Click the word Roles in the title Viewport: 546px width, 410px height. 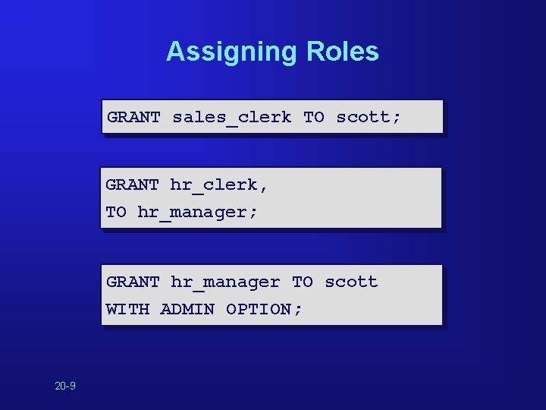(x=343, y=52)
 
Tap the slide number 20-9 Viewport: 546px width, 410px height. (x=65, y=386)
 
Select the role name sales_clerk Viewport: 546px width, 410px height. (x=231, y=117)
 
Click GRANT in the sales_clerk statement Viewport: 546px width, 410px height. (x=133, y=117)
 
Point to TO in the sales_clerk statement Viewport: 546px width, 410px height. (x=314, y=117)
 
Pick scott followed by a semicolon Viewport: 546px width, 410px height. (x=368, y=117)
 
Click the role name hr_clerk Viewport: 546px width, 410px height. (x=214, y=184)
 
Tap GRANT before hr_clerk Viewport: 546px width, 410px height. (x=133, y=184)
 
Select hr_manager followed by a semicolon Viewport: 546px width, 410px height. (x=197, y=212)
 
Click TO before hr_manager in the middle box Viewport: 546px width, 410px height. (x=116, y=212)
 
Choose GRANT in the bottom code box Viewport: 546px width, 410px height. (x=133, y=282)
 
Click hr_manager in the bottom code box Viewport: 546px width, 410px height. (x=225, y=282)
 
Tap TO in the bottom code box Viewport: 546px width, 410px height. (x=303, y=282)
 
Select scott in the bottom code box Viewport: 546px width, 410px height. (x=351, y=282)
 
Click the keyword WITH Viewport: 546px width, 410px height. (x=127, y=309)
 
